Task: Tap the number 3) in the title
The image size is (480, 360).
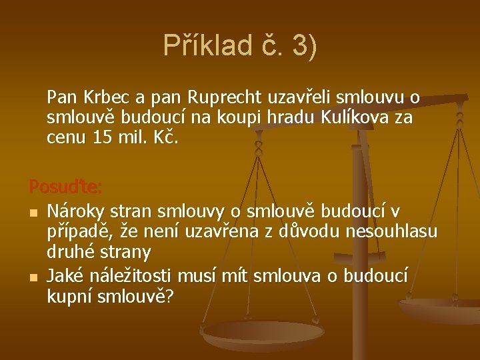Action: pyautogui.click(x=303, y=46)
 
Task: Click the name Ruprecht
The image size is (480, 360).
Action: pyautogui.click(x=225, y=97)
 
